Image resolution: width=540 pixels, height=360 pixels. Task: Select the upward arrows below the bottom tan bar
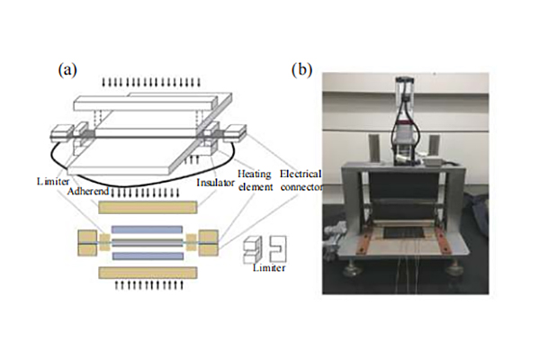point(148,286)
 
